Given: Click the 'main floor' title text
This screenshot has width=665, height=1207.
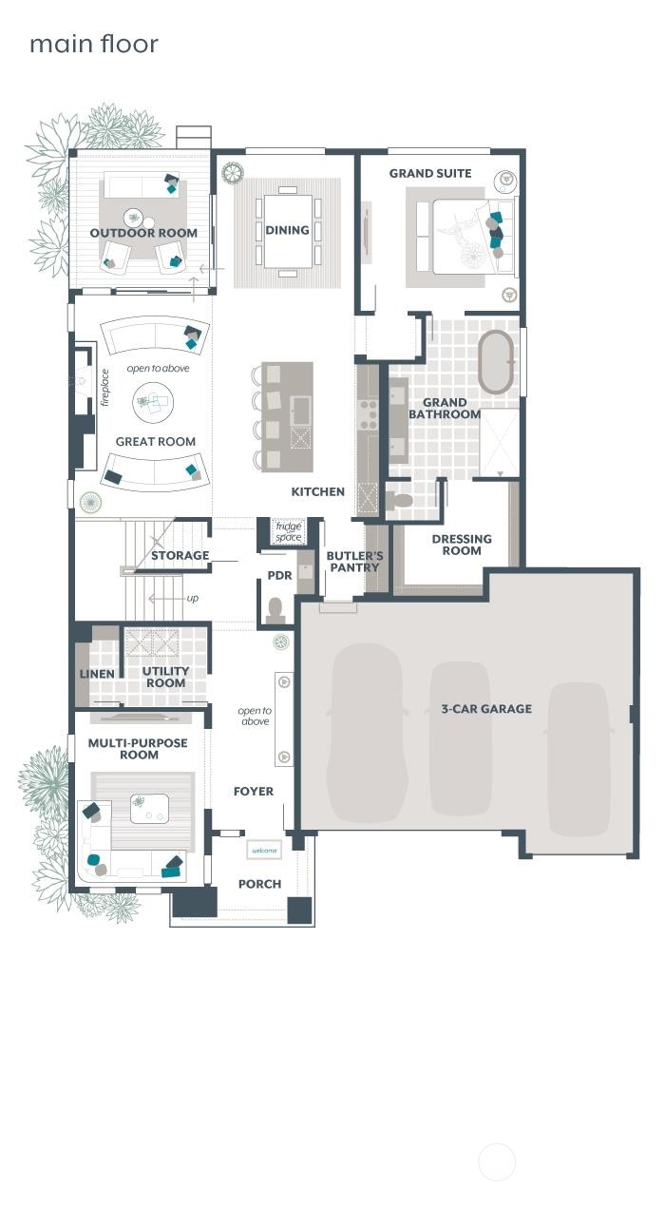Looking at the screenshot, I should tap(93, 44).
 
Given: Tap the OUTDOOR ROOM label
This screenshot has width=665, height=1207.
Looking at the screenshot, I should tap(143, 233).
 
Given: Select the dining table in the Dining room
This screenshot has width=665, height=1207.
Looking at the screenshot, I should tap(287, 231).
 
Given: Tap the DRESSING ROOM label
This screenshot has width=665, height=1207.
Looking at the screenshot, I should tap(462, 545).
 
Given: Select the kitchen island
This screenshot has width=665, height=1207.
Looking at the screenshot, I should tap(289, 416).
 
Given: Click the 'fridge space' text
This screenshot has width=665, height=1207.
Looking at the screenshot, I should tap(288, 531).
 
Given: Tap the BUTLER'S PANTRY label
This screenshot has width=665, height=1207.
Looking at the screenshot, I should tap(354, 562).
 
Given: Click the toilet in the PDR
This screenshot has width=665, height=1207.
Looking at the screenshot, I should tap(276, 607).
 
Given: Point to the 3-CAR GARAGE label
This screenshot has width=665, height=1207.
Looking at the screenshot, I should tap(486, 709).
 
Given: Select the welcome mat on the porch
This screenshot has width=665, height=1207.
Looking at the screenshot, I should tap(264, 850).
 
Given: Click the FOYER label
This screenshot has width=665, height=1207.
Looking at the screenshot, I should tap(254, 791).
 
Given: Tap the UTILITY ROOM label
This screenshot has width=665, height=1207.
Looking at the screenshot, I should tap(165, 677).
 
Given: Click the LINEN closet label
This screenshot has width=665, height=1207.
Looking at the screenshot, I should tap(97, 674).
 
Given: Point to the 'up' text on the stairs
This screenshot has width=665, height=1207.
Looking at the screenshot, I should tap(193, 598).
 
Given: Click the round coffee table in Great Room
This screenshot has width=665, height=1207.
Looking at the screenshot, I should tap(152, 402).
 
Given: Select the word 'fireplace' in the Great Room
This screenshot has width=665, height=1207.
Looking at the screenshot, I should tap(104, 388).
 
